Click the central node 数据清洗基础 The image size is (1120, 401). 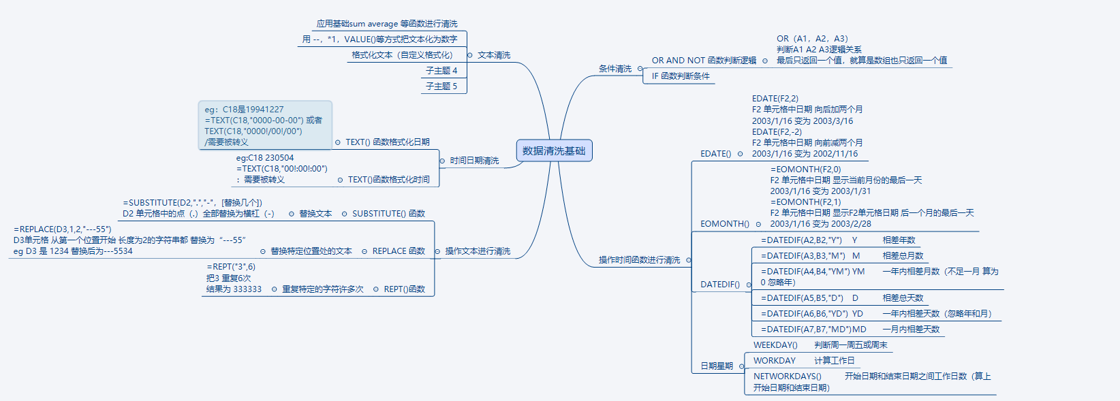554,150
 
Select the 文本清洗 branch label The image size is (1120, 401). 494,55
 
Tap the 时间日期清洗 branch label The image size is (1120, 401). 474,161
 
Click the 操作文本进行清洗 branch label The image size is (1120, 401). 478,251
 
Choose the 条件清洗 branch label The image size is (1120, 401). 615,69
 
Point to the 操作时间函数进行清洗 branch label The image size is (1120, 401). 639,260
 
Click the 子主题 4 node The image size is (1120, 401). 441,71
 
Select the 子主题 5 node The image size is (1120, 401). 441,86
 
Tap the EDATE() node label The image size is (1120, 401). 715,154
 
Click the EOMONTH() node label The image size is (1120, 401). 724,224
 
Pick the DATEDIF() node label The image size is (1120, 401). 719,285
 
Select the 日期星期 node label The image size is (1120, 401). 717,366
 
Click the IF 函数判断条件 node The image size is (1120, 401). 681,76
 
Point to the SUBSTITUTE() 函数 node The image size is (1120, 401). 388,214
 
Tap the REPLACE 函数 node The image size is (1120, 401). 399,251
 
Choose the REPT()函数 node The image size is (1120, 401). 404,289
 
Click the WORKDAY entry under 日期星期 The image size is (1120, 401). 774,361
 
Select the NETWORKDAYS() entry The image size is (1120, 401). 787,376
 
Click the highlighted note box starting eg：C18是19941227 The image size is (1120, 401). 264,125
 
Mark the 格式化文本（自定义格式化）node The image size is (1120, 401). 402,55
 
